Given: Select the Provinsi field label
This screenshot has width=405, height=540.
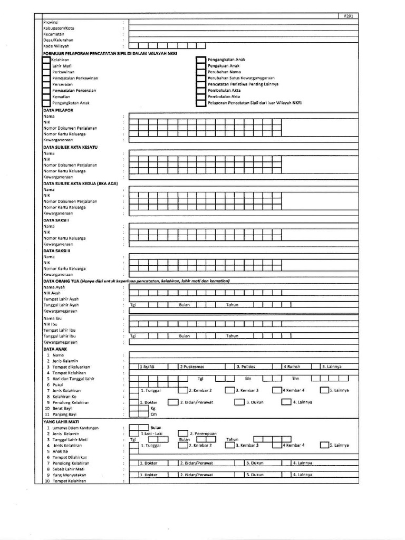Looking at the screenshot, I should pyautogui.click(x=50, y=23).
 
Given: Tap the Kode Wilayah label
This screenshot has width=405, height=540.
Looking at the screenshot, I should pyautogui.click(x=56, y=46).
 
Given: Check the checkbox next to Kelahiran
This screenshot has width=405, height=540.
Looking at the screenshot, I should pyautogui.click(x=46, y=60).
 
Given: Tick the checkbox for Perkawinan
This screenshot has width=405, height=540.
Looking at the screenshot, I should pyautogui.click(x=46, y=72).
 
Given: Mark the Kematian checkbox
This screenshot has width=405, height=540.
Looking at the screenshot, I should pyautogui.click(x=46, y=97).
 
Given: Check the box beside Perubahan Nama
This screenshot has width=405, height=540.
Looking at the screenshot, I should pyautogui.click(x=200, y=72).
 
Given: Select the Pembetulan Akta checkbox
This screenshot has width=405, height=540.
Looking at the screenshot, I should pyautogui.click(x=200, y=91).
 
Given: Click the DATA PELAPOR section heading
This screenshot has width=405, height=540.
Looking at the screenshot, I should pyautogui.click(x=58, y=110).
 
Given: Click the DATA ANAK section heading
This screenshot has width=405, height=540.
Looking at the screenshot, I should pyautogui.click(x=55, y=349).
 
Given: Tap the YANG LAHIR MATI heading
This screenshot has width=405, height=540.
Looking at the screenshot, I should pyautogui.click(x=60, y=422).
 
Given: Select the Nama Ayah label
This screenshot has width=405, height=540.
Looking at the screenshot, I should pyautogui.click(x=54, y=287).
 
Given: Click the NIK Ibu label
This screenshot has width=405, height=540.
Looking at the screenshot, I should pyautogui.click(x=51, y=324).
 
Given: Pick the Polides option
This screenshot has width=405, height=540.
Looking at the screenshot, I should pyautogui.click(x=246, y=367).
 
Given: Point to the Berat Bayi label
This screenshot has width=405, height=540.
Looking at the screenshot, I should pyautogui.click(x=63, y=408).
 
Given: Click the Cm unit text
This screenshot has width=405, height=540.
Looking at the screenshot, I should pyautogui.click(x=153, y=414).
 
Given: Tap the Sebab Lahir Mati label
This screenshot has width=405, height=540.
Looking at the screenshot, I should pyautogui.click(x=65, y=468).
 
